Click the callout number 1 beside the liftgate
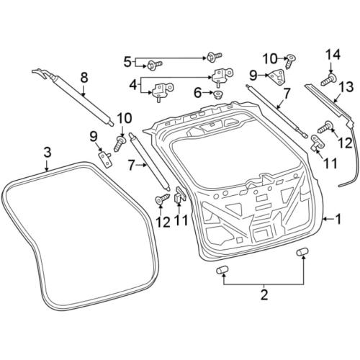(338, 219)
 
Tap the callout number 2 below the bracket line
(264, 294)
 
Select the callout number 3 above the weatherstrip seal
(48, 152)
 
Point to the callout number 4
(133, 85)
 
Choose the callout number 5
(127, 62)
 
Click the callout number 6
(197, 93)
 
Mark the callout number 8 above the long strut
(84, 78)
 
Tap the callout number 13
(346, 87)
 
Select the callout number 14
(333, 55)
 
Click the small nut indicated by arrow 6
(218, 94)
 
